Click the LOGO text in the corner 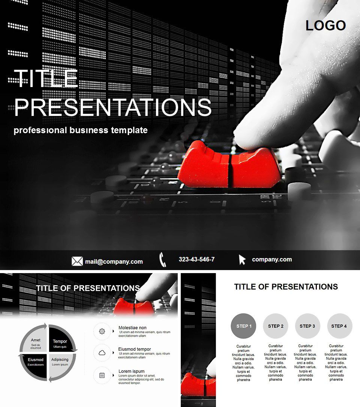[x=325, y=26]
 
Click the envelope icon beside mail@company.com [x=77, y=261]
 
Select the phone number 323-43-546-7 [x=196, y=259]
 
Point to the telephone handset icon [x=162, y=260]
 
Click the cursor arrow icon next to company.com [x=242, y=260]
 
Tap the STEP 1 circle [x=244, y=326]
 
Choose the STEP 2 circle [x=276, y=326]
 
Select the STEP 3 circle [x=307, y=326]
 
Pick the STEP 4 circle [x=339, y=326]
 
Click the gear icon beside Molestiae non [x=102, y=331]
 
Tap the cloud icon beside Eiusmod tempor [x=102, y=353]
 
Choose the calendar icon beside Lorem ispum [x=102, y=375]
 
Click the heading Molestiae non [x=132, y=327]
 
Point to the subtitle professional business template [x=81, y=130]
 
